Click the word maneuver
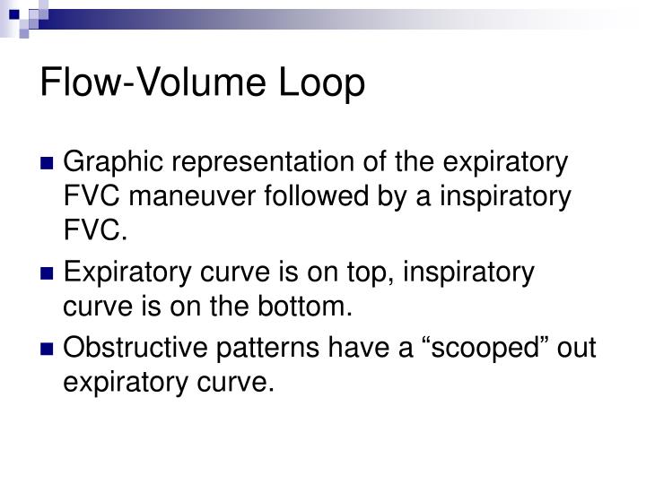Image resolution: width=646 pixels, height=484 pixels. click(x=198, y=198)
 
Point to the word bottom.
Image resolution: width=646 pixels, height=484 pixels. click(x=306, y=306)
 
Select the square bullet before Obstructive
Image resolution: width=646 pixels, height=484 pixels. click(x=48, y=348)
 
